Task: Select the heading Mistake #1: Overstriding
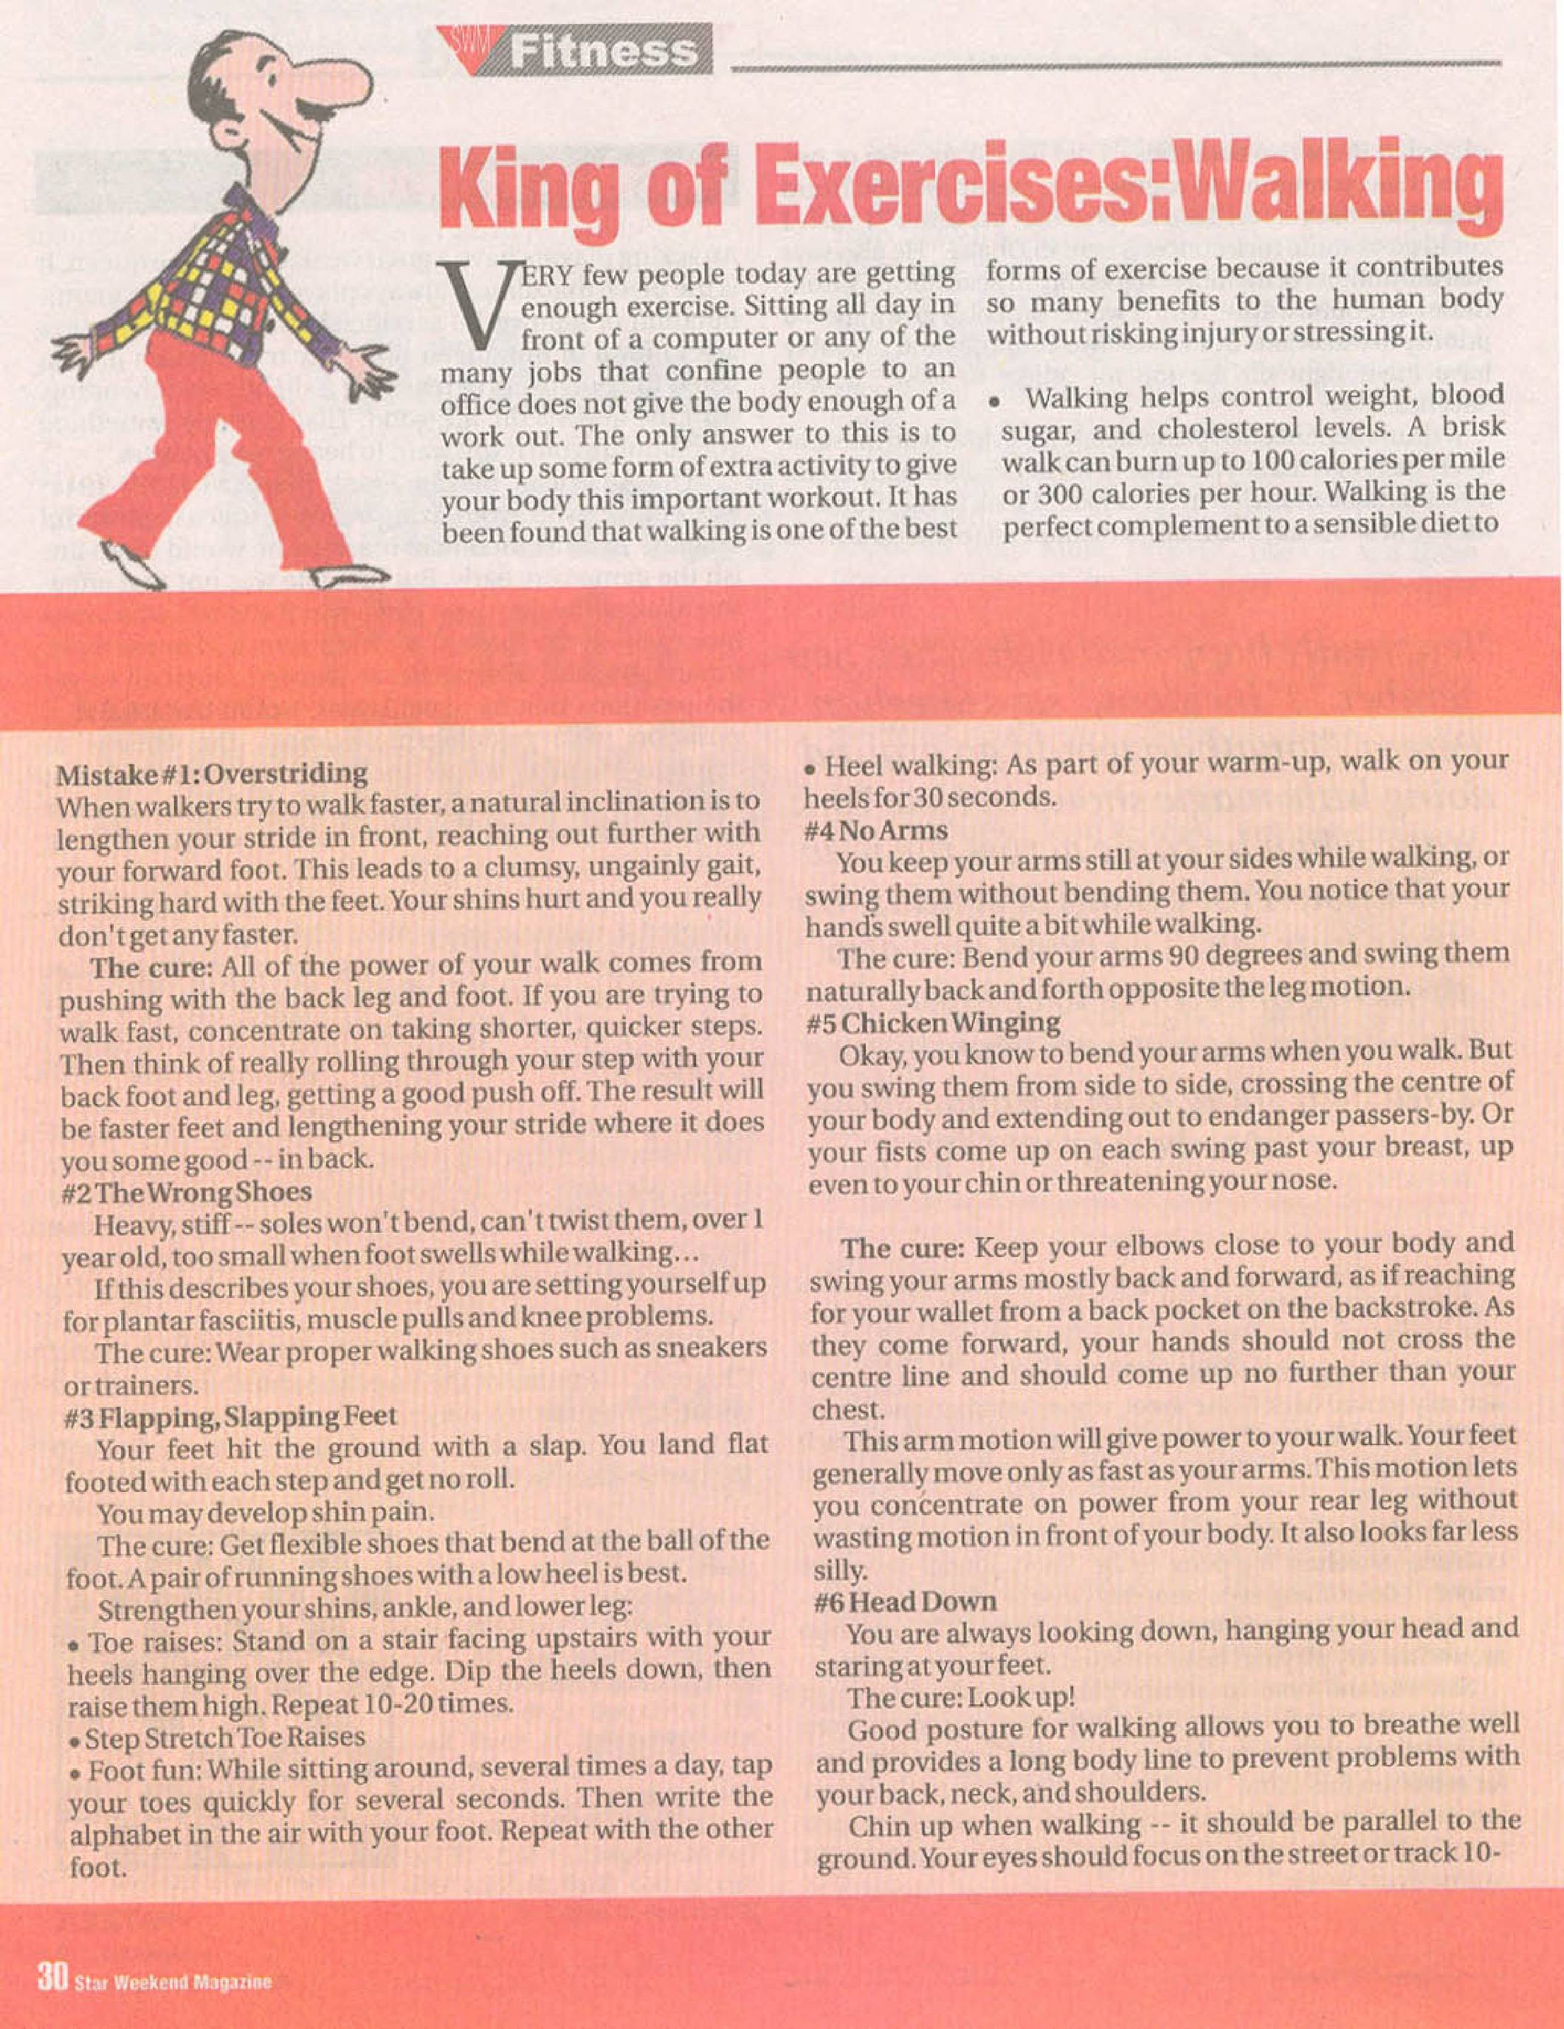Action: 213,773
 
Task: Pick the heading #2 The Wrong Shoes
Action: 186,1192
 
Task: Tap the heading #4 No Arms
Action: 877,830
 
